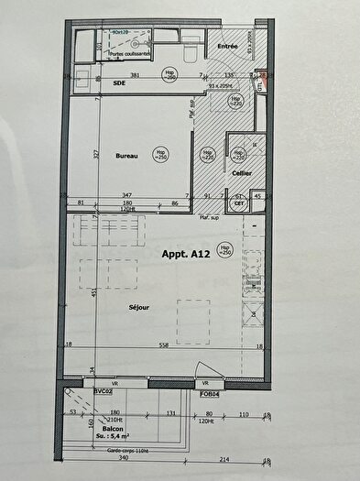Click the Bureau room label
[127, 157]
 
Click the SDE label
[119, 82]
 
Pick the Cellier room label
[241, 172]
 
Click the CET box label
[239, 205]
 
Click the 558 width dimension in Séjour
[164, 344]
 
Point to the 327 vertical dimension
[96, 156]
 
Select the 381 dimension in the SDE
[135, 75]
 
